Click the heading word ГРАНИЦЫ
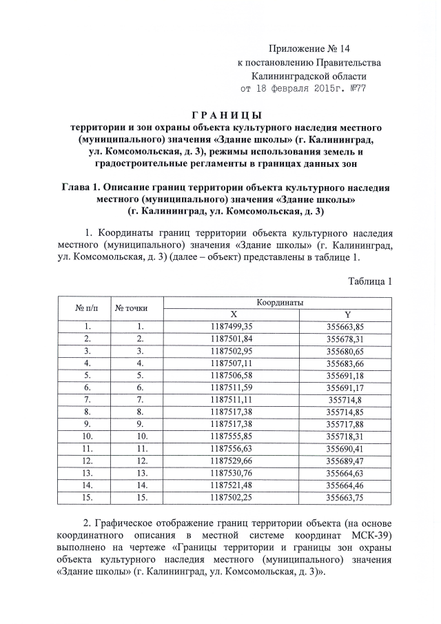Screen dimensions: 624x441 point(220,114)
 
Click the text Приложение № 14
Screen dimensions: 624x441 point(302,50)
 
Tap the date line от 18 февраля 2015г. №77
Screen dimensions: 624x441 point(302,89)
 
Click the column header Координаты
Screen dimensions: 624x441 point(280,303)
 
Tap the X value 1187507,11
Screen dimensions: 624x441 point(233,363)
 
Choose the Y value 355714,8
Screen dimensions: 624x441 point(347,399)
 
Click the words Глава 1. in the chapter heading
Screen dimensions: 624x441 point(84,188)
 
